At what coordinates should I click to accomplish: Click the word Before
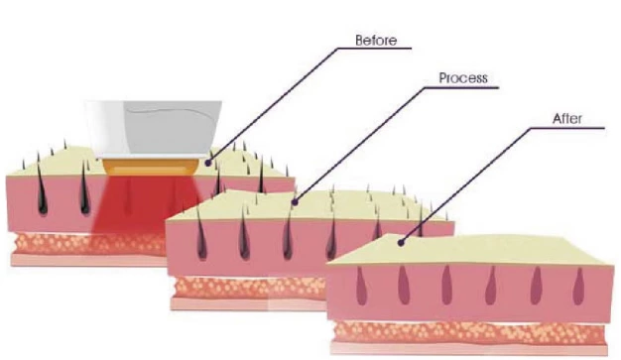tap(376, 41)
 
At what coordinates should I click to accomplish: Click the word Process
tap(463, 78)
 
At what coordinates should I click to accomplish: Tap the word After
tap(567, 118)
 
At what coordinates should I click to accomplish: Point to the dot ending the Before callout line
tap(207, 163)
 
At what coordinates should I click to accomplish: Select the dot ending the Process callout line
tap(295, 202)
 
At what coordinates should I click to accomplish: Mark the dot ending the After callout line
tap(401, 242)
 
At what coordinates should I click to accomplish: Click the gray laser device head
tap(154, 129)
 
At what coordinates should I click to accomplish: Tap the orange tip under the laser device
tap(151, 167)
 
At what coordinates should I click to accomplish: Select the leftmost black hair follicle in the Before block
tap(42, 190)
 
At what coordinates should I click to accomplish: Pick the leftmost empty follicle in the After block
tap(361, 286)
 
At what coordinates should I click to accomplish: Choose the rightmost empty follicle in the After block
tap(578, 286)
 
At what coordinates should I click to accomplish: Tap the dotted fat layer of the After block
tap(469, 332)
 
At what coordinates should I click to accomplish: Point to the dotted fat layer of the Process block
tap(250, 288)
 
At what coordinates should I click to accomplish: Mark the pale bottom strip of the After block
tap(469, 349)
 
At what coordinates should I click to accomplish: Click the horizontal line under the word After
tap(567, 128)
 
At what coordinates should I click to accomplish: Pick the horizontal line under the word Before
tap(375, 49)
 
